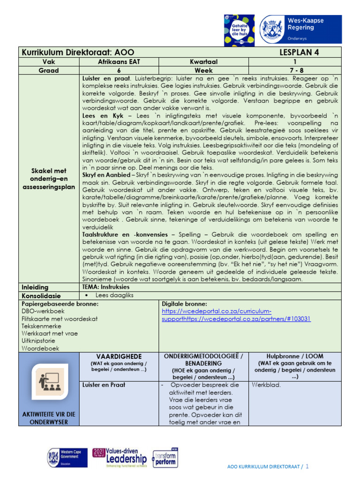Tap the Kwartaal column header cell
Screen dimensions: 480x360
point(203,61)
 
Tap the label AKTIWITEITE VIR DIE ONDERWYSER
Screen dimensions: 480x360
point(49,418)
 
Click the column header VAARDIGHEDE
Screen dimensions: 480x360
point(119,356)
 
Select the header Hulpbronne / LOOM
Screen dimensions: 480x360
point(295,356)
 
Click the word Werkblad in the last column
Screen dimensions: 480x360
point(266,385)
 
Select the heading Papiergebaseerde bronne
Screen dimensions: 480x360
point(60,304)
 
